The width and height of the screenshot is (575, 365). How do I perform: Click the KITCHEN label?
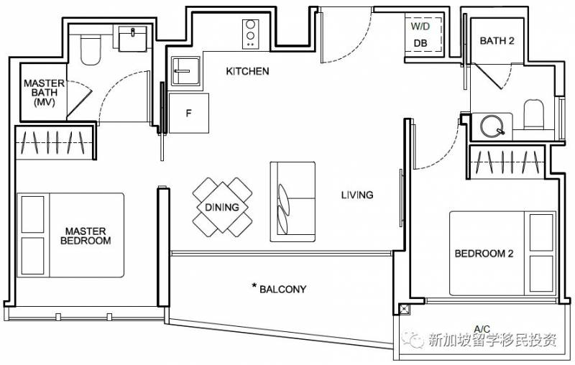tap(247, 70)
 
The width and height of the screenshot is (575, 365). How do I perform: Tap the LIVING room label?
tap(357, 195)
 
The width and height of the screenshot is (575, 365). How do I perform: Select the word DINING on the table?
tap(222, 208)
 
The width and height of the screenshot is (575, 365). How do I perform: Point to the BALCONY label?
tap(282, 289)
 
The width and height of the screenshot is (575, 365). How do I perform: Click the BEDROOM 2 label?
tap(484, 253)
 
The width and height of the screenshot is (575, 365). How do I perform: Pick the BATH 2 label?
tap(497, 41)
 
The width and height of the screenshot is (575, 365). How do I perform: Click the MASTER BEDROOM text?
tap(86, 236)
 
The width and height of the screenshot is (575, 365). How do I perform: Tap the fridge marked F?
tap(188, 114)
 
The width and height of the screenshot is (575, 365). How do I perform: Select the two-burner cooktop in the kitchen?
tap(250, 34)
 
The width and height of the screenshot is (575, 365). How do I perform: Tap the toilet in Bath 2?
tap(533, 114)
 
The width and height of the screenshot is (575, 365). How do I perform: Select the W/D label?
tap(420, 27)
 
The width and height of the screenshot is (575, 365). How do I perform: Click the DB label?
tap(420, 43)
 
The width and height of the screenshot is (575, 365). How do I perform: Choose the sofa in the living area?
tap(293, 202)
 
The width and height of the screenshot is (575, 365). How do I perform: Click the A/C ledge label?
tap(482, 328)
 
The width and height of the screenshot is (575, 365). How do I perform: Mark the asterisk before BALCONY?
tap(254, 285)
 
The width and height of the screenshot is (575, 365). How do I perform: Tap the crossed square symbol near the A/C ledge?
tap(404, 309)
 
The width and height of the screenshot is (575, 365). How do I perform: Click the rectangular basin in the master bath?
tap(133, 38)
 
